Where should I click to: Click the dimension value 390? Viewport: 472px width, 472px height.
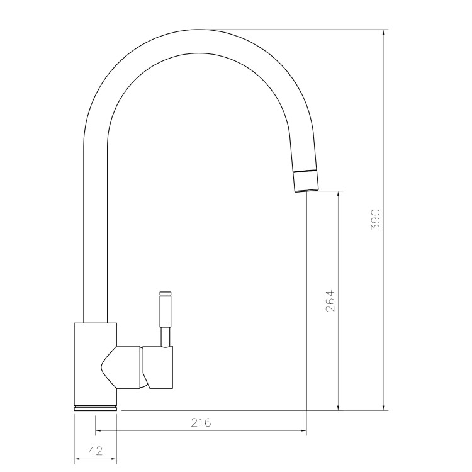tap(376, 220)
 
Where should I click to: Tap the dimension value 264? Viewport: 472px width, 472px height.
tap(330, 301)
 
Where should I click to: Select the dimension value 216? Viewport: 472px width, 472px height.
tap(201, 422)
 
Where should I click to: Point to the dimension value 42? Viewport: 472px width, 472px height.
tap(96, 451)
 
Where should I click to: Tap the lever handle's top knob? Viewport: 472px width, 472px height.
tap(166, 294)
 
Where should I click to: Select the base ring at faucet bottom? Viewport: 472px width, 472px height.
tap(96, 407)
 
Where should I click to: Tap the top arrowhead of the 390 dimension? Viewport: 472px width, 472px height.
tap(385, 33)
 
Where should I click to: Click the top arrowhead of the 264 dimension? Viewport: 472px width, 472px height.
tap(339, 194)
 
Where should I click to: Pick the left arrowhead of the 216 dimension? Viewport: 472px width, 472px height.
tap(99, 432)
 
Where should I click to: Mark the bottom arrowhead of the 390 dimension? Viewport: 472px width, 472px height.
tap(385, 407)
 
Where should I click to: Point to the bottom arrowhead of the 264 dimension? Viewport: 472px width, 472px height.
tap(339, 407)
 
